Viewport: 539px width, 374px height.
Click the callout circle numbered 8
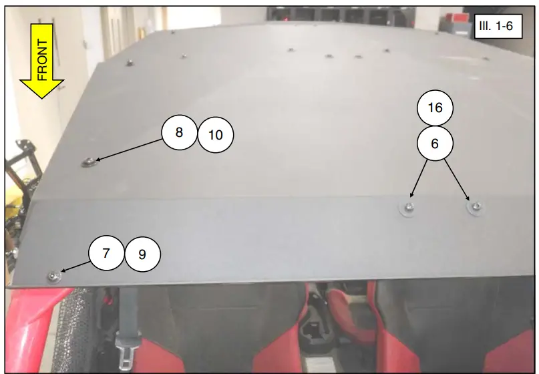179,132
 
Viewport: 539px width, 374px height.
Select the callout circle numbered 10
216,135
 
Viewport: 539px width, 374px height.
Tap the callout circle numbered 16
435,108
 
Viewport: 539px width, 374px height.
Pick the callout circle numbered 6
435,143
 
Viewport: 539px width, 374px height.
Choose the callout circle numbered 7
106,254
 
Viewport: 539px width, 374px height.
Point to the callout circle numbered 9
143,254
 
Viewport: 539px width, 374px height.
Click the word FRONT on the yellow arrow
41,60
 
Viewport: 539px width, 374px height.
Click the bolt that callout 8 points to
88,162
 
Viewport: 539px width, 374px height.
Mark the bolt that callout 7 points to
53,276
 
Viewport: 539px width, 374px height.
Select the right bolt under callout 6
475,207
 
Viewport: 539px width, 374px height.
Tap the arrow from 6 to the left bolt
419,178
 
